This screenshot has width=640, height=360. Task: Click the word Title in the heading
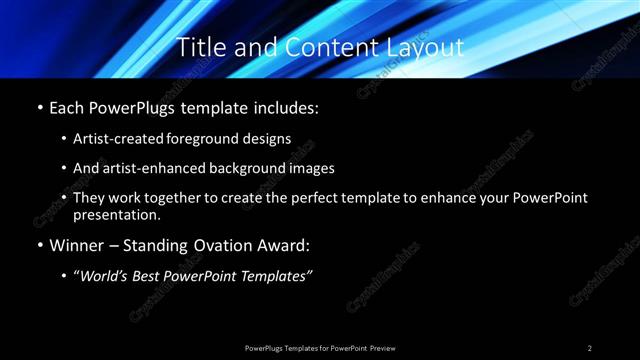coord(199,47)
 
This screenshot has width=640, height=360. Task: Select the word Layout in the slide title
coord(427,47)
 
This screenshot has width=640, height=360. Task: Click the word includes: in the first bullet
coord(287,107)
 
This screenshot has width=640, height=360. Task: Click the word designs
coord(269,139)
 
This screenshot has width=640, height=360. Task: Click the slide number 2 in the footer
coord(590,347)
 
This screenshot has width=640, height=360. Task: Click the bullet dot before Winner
coord(39,245)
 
